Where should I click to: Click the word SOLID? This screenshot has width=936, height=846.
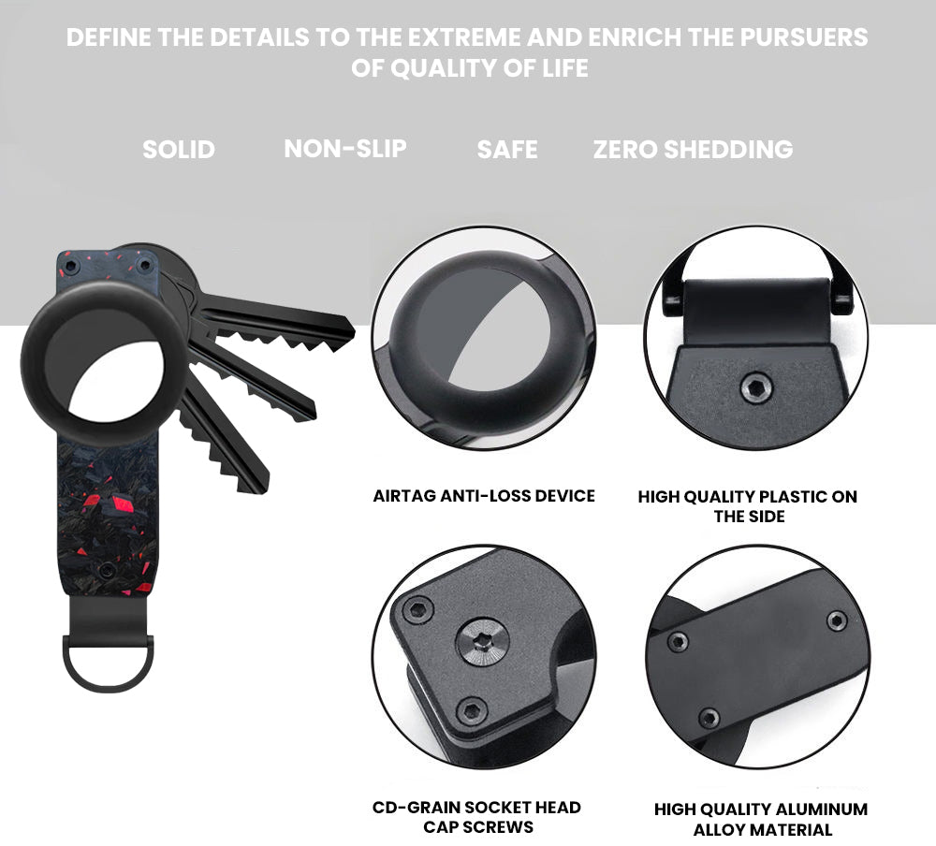(179, 149)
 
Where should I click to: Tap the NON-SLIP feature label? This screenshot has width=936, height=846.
(345, 149)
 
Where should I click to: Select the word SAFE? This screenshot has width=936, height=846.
(506, 149)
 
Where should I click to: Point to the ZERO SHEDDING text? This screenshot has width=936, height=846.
(693, 149)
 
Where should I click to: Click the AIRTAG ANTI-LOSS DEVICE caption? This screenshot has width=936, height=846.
(484, 496)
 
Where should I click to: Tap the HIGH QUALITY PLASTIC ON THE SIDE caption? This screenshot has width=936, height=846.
(747, 506)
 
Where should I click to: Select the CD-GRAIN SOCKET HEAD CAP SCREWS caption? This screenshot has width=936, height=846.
(476, 817)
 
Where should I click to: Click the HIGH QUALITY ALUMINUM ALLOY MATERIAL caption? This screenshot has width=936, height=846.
(761, 819)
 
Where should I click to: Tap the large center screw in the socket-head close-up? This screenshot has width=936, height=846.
(482, 644)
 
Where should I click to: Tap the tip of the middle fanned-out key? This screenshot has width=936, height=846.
(312, 412)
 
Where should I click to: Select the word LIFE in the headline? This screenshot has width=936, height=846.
(564, 68)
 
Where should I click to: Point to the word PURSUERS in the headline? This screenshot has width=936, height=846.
(803, 37)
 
